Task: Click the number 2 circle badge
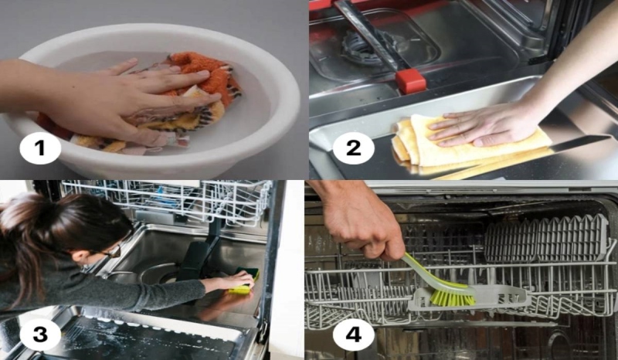pyautogui.click(x=353, y=148)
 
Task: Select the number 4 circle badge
pyautogui.click(x=353, y=334)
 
